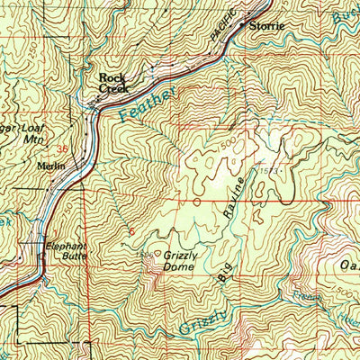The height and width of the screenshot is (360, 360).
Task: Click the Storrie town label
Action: point(267,25)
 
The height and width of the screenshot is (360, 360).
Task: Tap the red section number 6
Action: point(131,231)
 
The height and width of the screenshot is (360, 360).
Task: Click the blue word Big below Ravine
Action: point(222,273)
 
